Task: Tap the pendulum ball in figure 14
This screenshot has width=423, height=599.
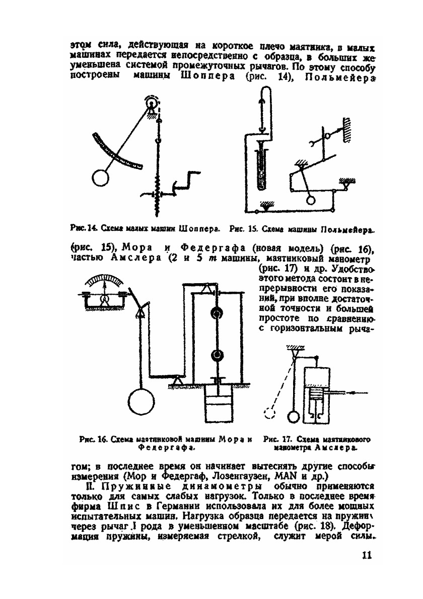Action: [102, 178]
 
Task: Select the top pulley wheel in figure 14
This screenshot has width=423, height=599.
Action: [150, 104]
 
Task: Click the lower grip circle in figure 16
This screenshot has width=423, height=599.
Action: [216, 355]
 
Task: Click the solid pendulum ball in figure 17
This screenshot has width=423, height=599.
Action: [294, 417]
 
